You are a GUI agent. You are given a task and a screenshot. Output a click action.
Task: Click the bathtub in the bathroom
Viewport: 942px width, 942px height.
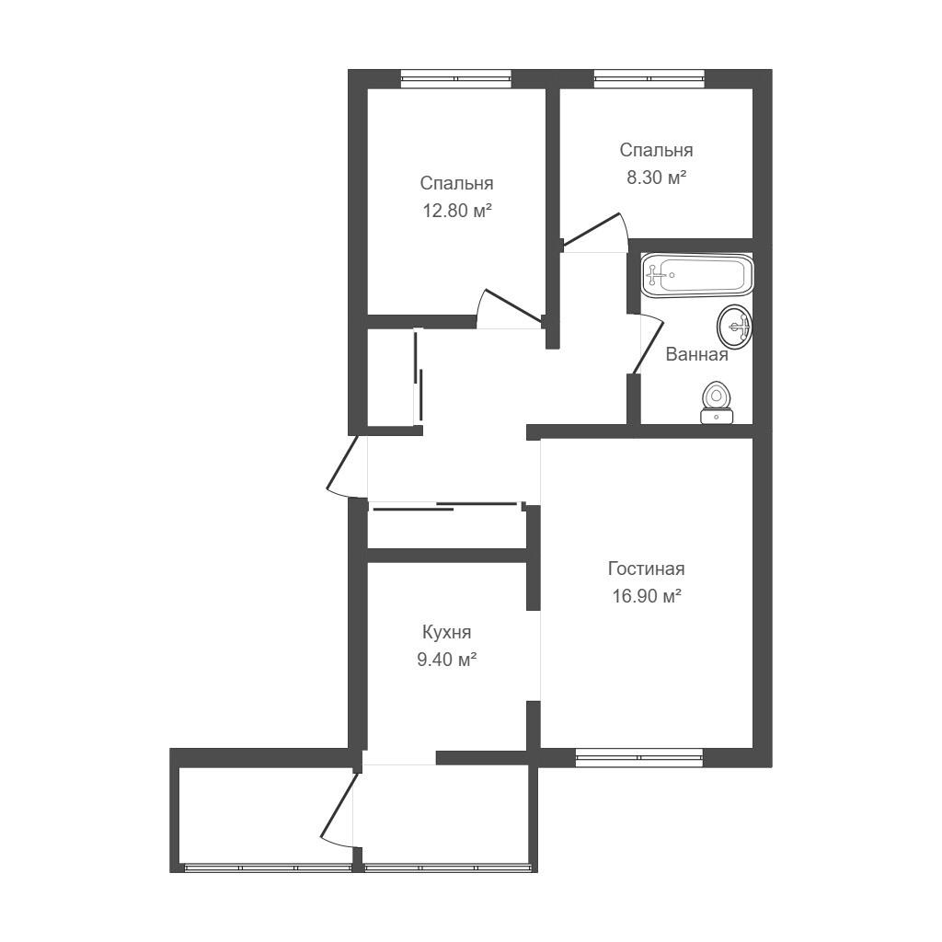click(x=697, y=275)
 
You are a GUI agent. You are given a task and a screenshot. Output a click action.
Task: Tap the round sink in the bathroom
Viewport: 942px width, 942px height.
click(x=735, y=327)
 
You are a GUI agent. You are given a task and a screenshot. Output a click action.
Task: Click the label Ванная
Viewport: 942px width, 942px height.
click(x=697, y=354)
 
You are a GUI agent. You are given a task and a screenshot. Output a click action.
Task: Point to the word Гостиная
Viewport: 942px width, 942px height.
click(x=647, y=569)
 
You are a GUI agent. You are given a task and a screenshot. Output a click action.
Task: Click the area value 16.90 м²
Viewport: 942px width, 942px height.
click(x=647, y=596)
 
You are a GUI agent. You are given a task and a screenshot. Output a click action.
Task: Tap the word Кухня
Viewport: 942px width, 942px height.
click(x=447, y=632)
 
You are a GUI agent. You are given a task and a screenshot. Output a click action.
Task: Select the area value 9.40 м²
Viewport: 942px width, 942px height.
click(x=447, y=660)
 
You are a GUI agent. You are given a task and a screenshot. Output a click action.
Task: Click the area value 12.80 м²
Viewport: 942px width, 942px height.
click(x=457, y=211)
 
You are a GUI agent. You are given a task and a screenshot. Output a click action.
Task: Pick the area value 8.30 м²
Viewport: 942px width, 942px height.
click(x=657, y=178)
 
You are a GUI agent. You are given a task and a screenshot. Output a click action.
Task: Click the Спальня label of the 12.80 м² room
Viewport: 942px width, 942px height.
click(x=457, y=183)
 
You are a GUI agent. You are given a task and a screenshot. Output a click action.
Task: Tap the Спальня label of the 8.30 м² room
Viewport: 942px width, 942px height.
click(x=657, y=150)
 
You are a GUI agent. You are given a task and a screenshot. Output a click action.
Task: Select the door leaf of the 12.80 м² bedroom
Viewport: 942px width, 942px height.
click(x=514, y=305)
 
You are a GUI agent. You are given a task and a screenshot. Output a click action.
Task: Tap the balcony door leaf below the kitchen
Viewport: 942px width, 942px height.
click(x=339, y=805)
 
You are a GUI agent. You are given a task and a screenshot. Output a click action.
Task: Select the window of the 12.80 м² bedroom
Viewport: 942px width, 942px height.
click(x=456, y=79)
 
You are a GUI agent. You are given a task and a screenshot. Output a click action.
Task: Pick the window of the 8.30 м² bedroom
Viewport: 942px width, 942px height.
click(x=649, y=79)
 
